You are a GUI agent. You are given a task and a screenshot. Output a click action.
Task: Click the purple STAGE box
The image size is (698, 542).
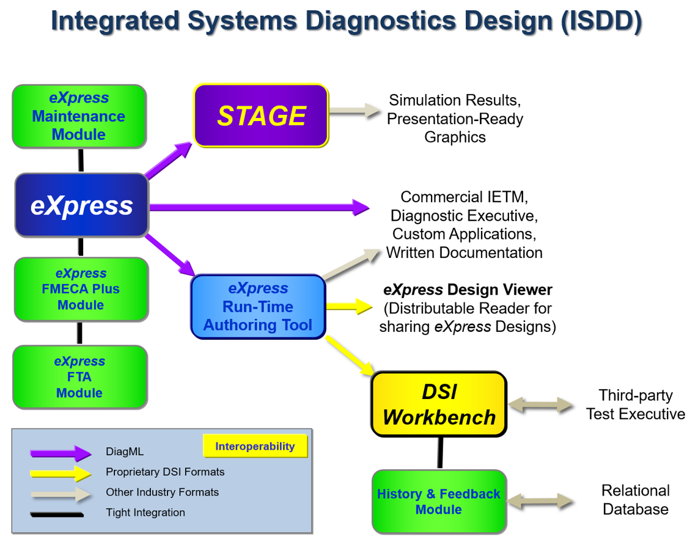(261, 115)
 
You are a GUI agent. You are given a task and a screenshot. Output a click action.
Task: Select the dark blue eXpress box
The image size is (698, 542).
(81, 205)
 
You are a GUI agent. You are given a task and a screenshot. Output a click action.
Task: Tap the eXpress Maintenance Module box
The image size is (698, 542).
(79, 116)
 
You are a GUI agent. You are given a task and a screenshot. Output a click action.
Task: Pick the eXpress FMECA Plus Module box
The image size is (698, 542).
(81, 289)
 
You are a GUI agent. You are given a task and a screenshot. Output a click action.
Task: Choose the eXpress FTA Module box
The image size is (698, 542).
(79, 377)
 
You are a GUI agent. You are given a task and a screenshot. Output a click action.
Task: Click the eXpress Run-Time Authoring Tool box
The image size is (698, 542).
(257, 307)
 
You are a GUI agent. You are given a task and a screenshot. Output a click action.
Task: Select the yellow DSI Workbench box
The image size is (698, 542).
(439, 405)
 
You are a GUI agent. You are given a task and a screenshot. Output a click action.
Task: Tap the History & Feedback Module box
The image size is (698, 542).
(438, 502)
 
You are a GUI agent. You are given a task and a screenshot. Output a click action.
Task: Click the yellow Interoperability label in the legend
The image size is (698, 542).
(254, 447)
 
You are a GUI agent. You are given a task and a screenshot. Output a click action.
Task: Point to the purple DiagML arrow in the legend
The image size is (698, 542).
(61, 453)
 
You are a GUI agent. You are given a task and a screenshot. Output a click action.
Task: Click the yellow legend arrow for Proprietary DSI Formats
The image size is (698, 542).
(61, 472)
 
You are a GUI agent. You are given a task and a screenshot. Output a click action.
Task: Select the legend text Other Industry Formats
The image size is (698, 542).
(162, 492)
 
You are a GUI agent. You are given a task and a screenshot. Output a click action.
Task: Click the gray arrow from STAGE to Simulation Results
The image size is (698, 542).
(355, 111)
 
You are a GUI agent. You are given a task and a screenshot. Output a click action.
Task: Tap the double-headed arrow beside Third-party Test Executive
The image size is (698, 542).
(541, 405)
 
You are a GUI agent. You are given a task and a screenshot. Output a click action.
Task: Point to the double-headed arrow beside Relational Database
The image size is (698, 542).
(541, 502)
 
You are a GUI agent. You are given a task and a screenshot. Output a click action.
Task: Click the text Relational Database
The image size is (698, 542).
(635, 500)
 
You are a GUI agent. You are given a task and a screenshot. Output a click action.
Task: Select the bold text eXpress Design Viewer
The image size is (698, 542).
(468, 290)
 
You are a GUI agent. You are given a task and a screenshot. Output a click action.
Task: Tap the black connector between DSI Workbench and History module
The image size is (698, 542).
(439, 453)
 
